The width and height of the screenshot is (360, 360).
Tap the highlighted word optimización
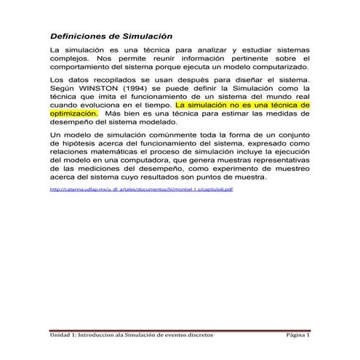pyautogui.click(x=73, y=113)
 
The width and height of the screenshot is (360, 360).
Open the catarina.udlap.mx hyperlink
pyautogui.click(x=140, y=189)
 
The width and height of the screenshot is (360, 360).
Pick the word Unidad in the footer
pyautogui.click(x=61, y=336)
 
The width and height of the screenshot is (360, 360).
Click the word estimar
pyautogui.click(x=229, y=113)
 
